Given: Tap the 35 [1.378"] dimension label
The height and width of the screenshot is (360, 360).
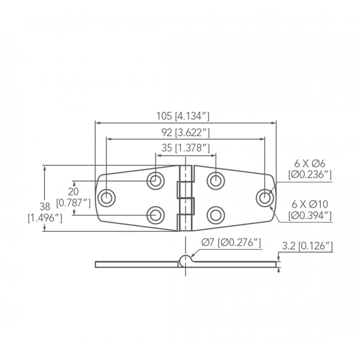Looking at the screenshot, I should [x=185, y=148].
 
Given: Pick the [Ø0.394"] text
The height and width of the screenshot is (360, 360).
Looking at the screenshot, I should [x=310, y=216].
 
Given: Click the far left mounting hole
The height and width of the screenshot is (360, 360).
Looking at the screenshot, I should [x=107, y=198].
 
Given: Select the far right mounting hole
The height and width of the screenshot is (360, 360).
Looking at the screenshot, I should [x=264, y=198].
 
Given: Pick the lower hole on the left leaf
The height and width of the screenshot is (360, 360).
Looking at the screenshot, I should [x=155, y=214].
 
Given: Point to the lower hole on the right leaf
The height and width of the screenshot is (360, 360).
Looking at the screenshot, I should [x=216, y=214].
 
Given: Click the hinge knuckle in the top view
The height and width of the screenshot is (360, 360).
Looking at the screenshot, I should [x=185, y=198].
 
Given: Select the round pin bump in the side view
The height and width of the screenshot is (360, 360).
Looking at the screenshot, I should [x=185, y=259].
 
